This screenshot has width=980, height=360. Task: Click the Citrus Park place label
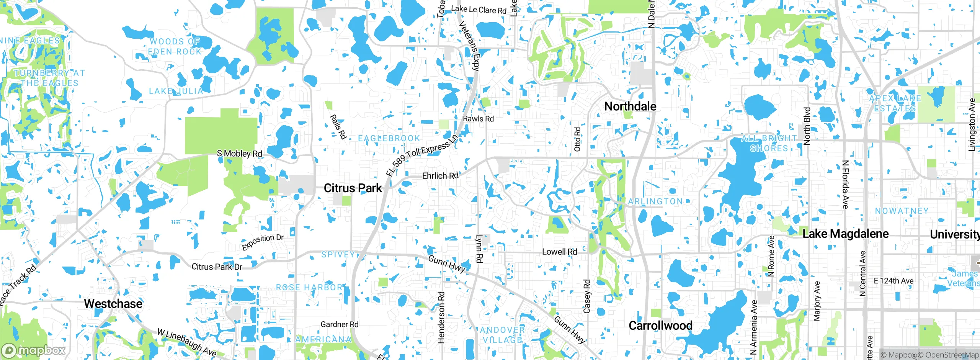coord(353,188)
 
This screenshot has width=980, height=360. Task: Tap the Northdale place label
coord(630,106)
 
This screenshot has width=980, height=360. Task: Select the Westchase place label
coord(113,304)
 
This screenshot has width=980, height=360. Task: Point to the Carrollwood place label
coord(660,326)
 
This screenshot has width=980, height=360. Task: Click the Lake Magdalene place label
coord(845,234)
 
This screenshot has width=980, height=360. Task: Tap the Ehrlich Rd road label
coord(440,176)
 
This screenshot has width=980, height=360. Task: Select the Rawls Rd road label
coord(478,119)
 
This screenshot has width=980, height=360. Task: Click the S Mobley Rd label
coord(239,154)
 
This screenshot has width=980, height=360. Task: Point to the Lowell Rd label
coord(559,252)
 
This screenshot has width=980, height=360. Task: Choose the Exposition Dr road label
coord(263,242)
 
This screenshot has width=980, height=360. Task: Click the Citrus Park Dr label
coord(217,267)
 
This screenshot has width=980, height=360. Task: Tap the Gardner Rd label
coord(339,324)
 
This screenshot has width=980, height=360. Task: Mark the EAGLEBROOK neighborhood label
coord(389,138)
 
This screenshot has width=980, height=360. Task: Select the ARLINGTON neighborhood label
coord(655,201)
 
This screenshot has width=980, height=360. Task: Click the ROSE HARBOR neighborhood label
coord(309,287)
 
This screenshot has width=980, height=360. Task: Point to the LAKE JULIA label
coord(176,91)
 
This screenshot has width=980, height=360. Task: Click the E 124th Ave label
coord(893,281)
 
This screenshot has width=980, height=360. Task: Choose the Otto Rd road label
coord(577,139)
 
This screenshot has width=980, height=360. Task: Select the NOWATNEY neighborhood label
coord(902,211)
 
